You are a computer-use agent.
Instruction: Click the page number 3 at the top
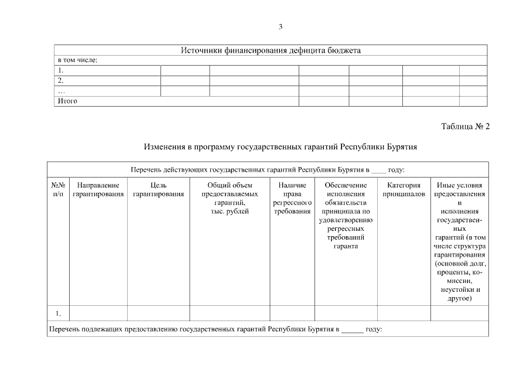tap(281, 26)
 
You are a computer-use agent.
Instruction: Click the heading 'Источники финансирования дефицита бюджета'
tap(270, 50)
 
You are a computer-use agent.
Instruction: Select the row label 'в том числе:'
tap(77, 60)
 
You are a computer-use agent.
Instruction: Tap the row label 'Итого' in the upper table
tap(67, 101)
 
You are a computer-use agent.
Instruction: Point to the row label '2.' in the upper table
tap(60, 80)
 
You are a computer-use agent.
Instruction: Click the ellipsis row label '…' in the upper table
tap(61, 91)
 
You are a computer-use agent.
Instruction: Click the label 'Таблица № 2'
tap(465, 126)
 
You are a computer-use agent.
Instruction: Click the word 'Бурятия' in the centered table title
tap(402, 146)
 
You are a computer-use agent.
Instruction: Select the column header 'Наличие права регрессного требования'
tap(292, 198)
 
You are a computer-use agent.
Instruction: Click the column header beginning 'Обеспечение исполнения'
tap(346, 216)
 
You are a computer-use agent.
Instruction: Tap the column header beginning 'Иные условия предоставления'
tap(459, 241)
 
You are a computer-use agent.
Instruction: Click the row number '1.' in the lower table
tap(59, 313)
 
